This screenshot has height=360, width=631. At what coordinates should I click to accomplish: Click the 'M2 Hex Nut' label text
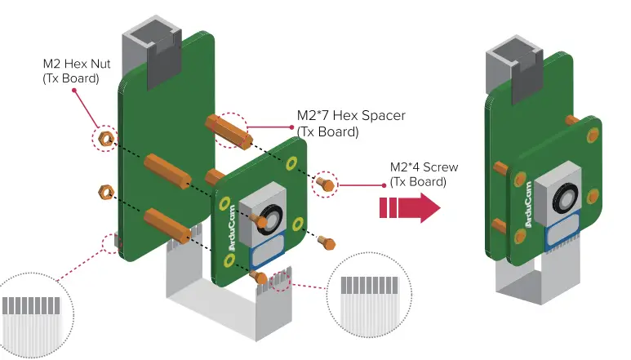tap(78, 64)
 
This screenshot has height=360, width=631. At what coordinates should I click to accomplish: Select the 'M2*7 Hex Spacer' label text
tap(351, 116)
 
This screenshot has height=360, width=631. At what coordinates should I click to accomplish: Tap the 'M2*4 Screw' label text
tap(424, 167)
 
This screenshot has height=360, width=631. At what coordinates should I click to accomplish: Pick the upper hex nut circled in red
tap(105, 139)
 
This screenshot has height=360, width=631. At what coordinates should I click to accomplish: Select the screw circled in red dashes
tap(325, 184)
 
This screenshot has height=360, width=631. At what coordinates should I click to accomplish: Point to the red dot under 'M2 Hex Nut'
tap(76, 90)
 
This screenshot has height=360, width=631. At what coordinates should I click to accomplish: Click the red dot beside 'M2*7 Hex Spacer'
tap(291, 127)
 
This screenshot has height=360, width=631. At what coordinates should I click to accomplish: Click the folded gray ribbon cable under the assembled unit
tap(522, 282)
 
